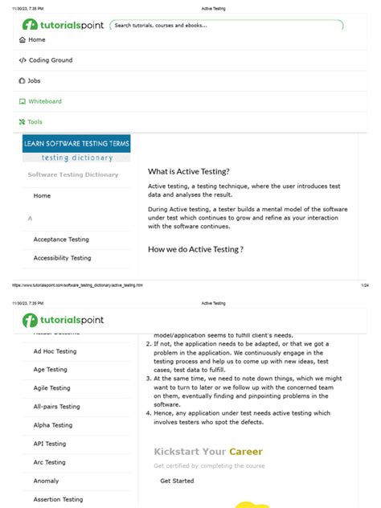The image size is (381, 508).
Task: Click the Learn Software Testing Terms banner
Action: (x=76, y=148)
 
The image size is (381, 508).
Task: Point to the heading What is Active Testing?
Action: (x=189, y=171)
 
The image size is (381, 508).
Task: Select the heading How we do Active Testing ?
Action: (x=195, y=249)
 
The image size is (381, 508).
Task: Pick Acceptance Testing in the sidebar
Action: (x=61, y=240)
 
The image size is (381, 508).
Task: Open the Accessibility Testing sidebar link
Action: (x=62, y=258)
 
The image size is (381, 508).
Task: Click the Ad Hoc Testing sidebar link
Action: (x=55, y=351)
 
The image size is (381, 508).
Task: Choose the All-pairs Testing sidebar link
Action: (x=56, y=407)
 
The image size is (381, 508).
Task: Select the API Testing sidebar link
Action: (x=50, y=444)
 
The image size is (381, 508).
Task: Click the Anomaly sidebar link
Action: (x=46, y=481)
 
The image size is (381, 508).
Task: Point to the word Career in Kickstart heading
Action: (x=245, y=452)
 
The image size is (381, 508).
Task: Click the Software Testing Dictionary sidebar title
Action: (x=73, y=174)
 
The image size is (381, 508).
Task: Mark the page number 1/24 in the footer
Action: (x=364, y=285)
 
